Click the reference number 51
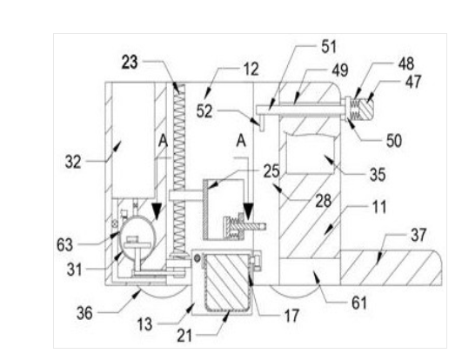coord(329,47)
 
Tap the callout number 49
coord(340,70)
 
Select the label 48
coord(406,63)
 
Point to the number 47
coord(413,82)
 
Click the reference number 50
coord(394,141)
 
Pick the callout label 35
coord(378,174)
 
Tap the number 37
coord(418,235)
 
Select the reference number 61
coord(359,303)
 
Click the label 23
coord(130,63)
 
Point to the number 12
coord(251,70)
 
